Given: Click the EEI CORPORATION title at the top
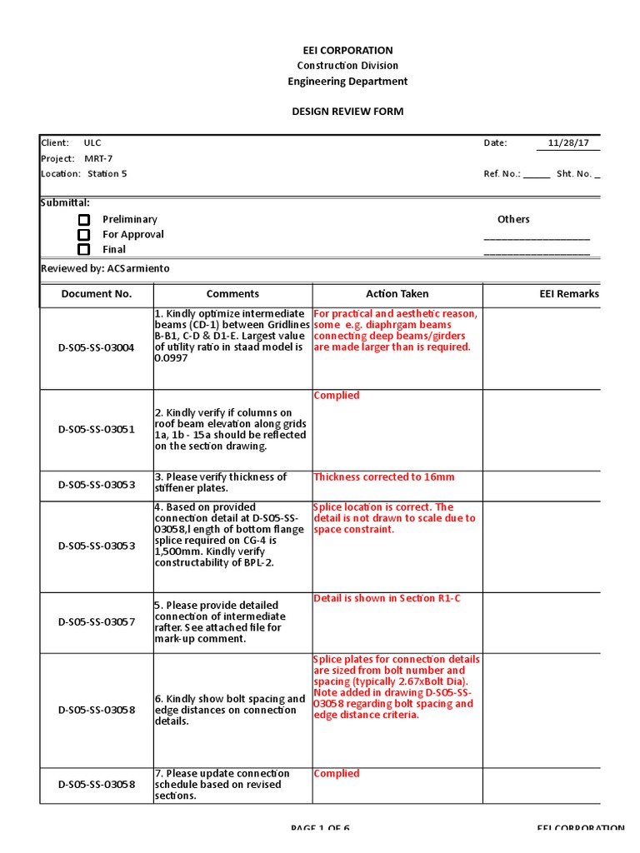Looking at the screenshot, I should (x=347, y=50).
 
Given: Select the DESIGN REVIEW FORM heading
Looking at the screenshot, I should (x=347, y=112).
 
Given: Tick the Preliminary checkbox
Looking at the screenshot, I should (x=84, y=220).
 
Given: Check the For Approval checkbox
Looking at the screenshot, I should (x=84, y=235).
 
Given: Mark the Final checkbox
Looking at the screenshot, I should (x=84, y=249).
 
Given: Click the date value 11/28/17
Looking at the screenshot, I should (x=568, y=143).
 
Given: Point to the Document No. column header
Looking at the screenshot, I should (x=97, y=294).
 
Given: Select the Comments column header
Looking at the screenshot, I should (x=232, y=294).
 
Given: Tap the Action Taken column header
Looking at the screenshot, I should (x=397, y=294).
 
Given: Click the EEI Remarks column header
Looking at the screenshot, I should (x=569, y=294).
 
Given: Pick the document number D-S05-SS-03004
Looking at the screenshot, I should (x=97, y=347).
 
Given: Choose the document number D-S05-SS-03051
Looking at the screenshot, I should (x=97, y=430).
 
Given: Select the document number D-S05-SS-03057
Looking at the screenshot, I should (x=97, y=622).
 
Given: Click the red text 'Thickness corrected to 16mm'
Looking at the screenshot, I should (x=384, y=477).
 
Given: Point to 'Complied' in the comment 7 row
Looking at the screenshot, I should (x=337, y=774).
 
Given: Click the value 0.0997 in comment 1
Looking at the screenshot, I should (x=172, y=357).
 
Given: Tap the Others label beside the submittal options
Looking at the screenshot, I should (x=513, y=219).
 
